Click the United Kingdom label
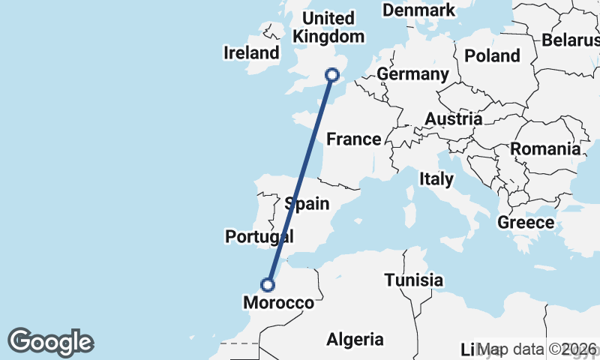pos(328,28)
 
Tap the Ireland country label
pos(251,52)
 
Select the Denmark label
pos(418,10)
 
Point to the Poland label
pos(492,55)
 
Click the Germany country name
pos(412,74)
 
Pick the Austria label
pos(453,119)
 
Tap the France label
pos(354,139)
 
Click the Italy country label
pos(436,179)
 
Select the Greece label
pos(526,223)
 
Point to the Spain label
pos(307,203)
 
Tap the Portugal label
pos(259,237)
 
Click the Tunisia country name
pos(413,280)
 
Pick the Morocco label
pos(279,303)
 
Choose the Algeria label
pos(355,340)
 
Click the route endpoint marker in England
pos(331,74)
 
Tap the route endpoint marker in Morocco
pos(268,284)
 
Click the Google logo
pos(50,342)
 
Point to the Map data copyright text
pos(538,349)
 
